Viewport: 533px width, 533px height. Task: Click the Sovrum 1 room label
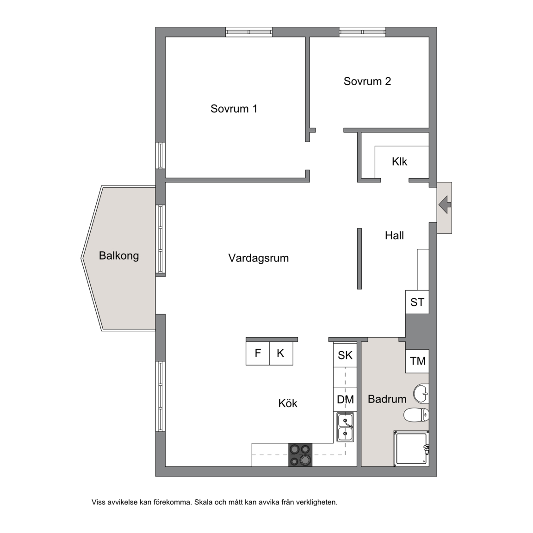tap(234, 109)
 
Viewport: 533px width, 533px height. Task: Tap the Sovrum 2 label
tap(367, 81)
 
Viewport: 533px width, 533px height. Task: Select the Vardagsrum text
tap(258, 258)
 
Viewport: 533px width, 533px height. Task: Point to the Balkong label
tap(119, 255)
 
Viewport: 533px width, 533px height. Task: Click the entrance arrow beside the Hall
tap(445, 205)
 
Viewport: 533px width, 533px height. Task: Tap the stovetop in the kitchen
tap(300, 455)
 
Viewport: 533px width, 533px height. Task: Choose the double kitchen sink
tap(345, 428)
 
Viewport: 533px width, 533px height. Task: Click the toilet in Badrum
tap(416, 415)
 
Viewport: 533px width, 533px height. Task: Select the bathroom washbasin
tap(421, 394)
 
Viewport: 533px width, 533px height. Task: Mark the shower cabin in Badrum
tap(411, 449)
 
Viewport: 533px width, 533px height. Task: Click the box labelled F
tap(258, 353)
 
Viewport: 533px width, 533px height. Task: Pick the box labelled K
tap(281, 353)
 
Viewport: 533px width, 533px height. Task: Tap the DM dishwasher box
tap(345, 400)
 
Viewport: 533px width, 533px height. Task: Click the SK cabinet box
tap(345, 355)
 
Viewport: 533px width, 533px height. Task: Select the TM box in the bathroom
tap(417, 361)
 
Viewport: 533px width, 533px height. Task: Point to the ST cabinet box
tap(417, 302)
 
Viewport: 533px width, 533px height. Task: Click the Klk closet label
tap(399, 161)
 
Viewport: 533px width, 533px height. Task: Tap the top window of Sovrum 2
tap(362, 32)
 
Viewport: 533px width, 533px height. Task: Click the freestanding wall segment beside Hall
tap(359, 259)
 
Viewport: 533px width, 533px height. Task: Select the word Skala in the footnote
tap(203, 502)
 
